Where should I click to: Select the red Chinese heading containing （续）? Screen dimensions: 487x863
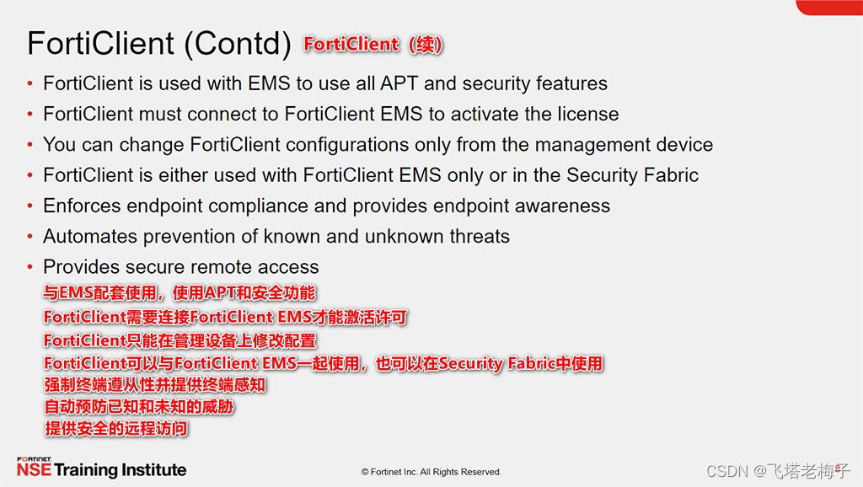(x=373, y=45)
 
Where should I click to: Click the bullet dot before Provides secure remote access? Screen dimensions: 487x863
(x=30, y=267)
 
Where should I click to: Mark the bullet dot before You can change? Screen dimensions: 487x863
(x=30, y=145)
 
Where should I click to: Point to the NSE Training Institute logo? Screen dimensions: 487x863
(x=101, y=468)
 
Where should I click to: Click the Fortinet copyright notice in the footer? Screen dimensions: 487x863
(x=431, y=472)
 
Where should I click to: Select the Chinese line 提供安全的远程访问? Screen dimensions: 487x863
(x=115, y=429)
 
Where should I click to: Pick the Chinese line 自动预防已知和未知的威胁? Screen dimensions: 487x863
(x=138, y=407)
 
